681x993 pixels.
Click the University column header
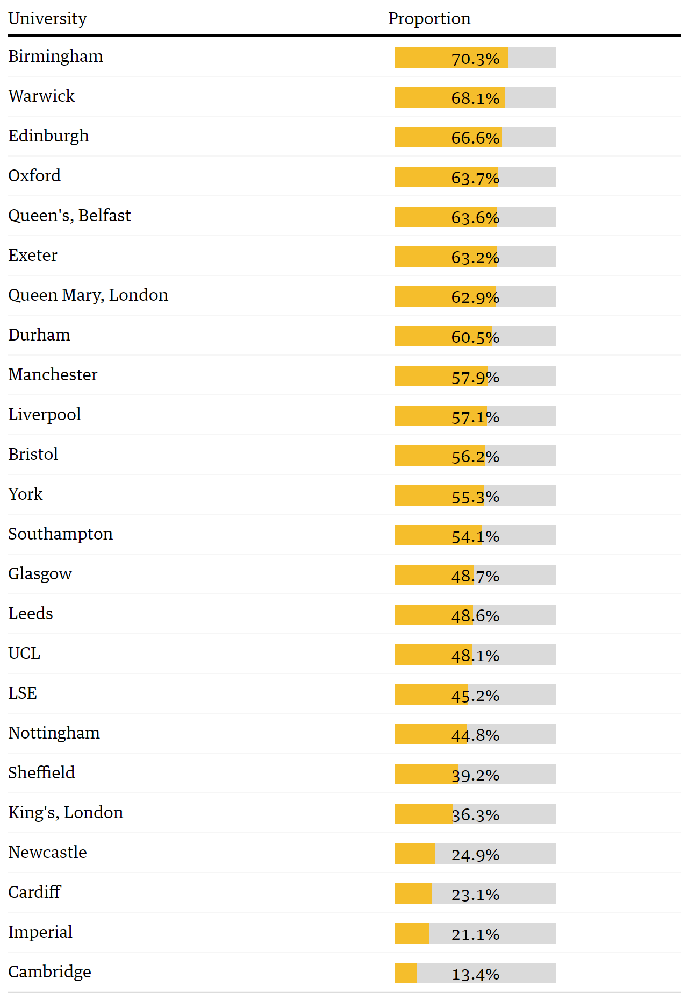click(x=47, y=18)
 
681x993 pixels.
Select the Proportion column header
click(x=429, y=18)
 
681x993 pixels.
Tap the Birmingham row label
click(x=55, y=56)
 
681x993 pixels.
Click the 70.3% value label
click(x=475, y=59)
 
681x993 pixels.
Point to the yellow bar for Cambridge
click(x=406, y=973)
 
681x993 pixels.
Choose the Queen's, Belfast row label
click(x=69, y=216)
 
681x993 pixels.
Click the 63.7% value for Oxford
click(x=475, y=178)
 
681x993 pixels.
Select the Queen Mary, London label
click(x=88, y=295)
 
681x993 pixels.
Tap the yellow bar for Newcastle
click(x=414, y=854)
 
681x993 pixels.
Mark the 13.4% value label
click(x=475, y=974)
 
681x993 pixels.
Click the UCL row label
click(x=24, y=654)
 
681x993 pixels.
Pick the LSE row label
click(x=23, y=693)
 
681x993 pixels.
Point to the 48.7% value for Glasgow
click(x=475, y=576)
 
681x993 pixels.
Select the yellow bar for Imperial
click(x=412, y=933)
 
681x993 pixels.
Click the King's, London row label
click(x=66, y=813)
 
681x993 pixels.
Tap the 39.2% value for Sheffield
click(x=475, y=775)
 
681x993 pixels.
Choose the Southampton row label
click(x=60, y=534)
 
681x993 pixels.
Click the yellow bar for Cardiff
click(x=413, y=893)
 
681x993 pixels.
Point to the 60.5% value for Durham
click(x=475, y=337)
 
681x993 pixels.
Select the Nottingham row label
click(x=54, y=733)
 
